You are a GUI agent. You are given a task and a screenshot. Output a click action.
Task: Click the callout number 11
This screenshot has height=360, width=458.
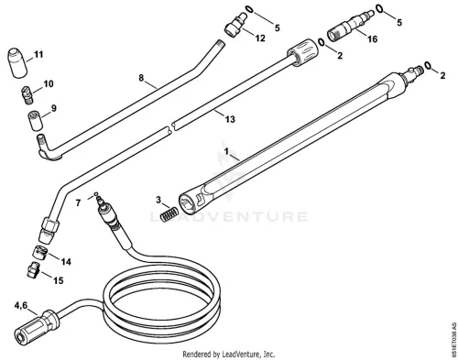click(38, 55)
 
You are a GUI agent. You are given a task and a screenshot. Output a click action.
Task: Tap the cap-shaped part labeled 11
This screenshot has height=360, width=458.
click(16, 63)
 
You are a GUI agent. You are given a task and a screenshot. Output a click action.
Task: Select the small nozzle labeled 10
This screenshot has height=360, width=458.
click(27, 93)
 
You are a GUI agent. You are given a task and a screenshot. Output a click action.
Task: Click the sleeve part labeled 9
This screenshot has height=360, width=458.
click(36, 122)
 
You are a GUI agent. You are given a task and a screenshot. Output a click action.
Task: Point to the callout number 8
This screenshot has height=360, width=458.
click(141, 78)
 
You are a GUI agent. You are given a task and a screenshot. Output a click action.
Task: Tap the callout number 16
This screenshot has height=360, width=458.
click(373, 39)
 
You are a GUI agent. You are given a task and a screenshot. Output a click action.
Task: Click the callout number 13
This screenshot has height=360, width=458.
click(230, 119)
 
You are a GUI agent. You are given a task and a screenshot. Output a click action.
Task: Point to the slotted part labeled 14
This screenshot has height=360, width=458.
click(40, 252)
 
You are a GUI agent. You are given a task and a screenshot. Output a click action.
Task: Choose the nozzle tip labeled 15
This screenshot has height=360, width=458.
click(32, 270)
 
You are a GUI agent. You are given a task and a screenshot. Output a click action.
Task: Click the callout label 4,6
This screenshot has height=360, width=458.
click(21, 305)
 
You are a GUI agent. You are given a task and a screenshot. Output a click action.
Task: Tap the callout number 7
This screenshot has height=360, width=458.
click(78, 202)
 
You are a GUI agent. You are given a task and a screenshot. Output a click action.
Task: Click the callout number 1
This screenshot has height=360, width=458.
click(226, 151)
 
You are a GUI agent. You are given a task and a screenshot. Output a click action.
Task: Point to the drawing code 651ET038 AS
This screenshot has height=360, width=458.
click(453, 339)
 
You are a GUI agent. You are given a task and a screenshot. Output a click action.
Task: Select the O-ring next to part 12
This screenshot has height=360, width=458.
click(249, 9)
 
